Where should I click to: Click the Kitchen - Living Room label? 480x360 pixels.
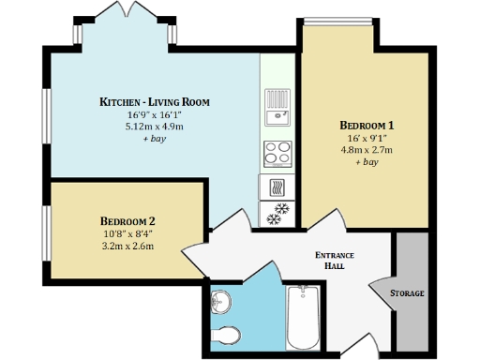click(x=155, y=101)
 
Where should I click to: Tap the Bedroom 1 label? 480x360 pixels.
click(x=366, y=125)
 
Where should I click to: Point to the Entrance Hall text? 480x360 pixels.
click(x=334, y=260)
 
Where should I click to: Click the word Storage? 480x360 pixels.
click(x=408, y=293)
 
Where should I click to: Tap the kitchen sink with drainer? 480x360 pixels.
click(x=277, y=107)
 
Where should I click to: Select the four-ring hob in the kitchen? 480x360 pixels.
click(x=277, y=153)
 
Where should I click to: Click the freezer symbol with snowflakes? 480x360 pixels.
click(x=277, y=213)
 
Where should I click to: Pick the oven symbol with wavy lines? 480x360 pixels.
click(x=277, y=185)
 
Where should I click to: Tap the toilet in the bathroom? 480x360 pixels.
click(x=225, y=335)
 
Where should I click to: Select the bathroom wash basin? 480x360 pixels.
click(x=220, y=302)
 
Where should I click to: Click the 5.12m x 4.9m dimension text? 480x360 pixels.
click(x=155, y=126)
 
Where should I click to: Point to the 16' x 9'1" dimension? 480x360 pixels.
click(x=366, y=138)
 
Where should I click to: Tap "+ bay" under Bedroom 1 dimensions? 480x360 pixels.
click(x=366, y=162)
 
